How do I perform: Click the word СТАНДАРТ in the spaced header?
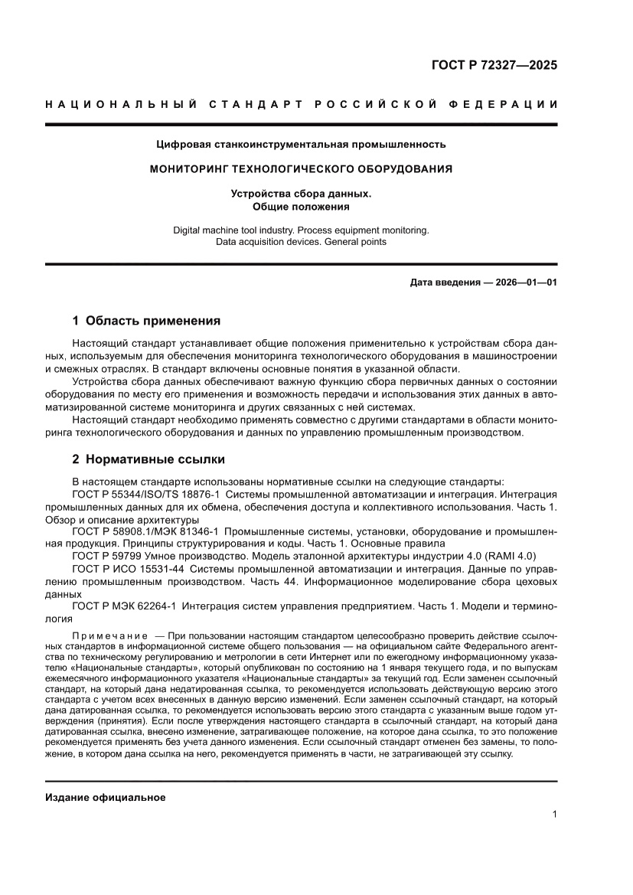[x=245, y=104]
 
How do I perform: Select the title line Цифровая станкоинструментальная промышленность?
[x=301, y=143]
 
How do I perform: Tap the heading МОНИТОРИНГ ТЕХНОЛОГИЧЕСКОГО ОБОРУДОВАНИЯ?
[x=301, y=168]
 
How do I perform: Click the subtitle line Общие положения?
[x=301, y=207]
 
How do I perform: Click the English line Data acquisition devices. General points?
[x=301, y=242]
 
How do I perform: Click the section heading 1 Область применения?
[x=146, y=321]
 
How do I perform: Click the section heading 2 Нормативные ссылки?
[x=148, y=459]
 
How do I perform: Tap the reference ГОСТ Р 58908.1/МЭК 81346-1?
[x=145, y=531]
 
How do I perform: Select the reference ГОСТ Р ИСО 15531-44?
[x=127, y=568]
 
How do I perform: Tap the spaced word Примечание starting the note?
[x=109, y=636]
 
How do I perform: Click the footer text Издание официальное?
[x=106, y=797]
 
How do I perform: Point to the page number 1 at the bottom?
[x=553, y=815]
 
